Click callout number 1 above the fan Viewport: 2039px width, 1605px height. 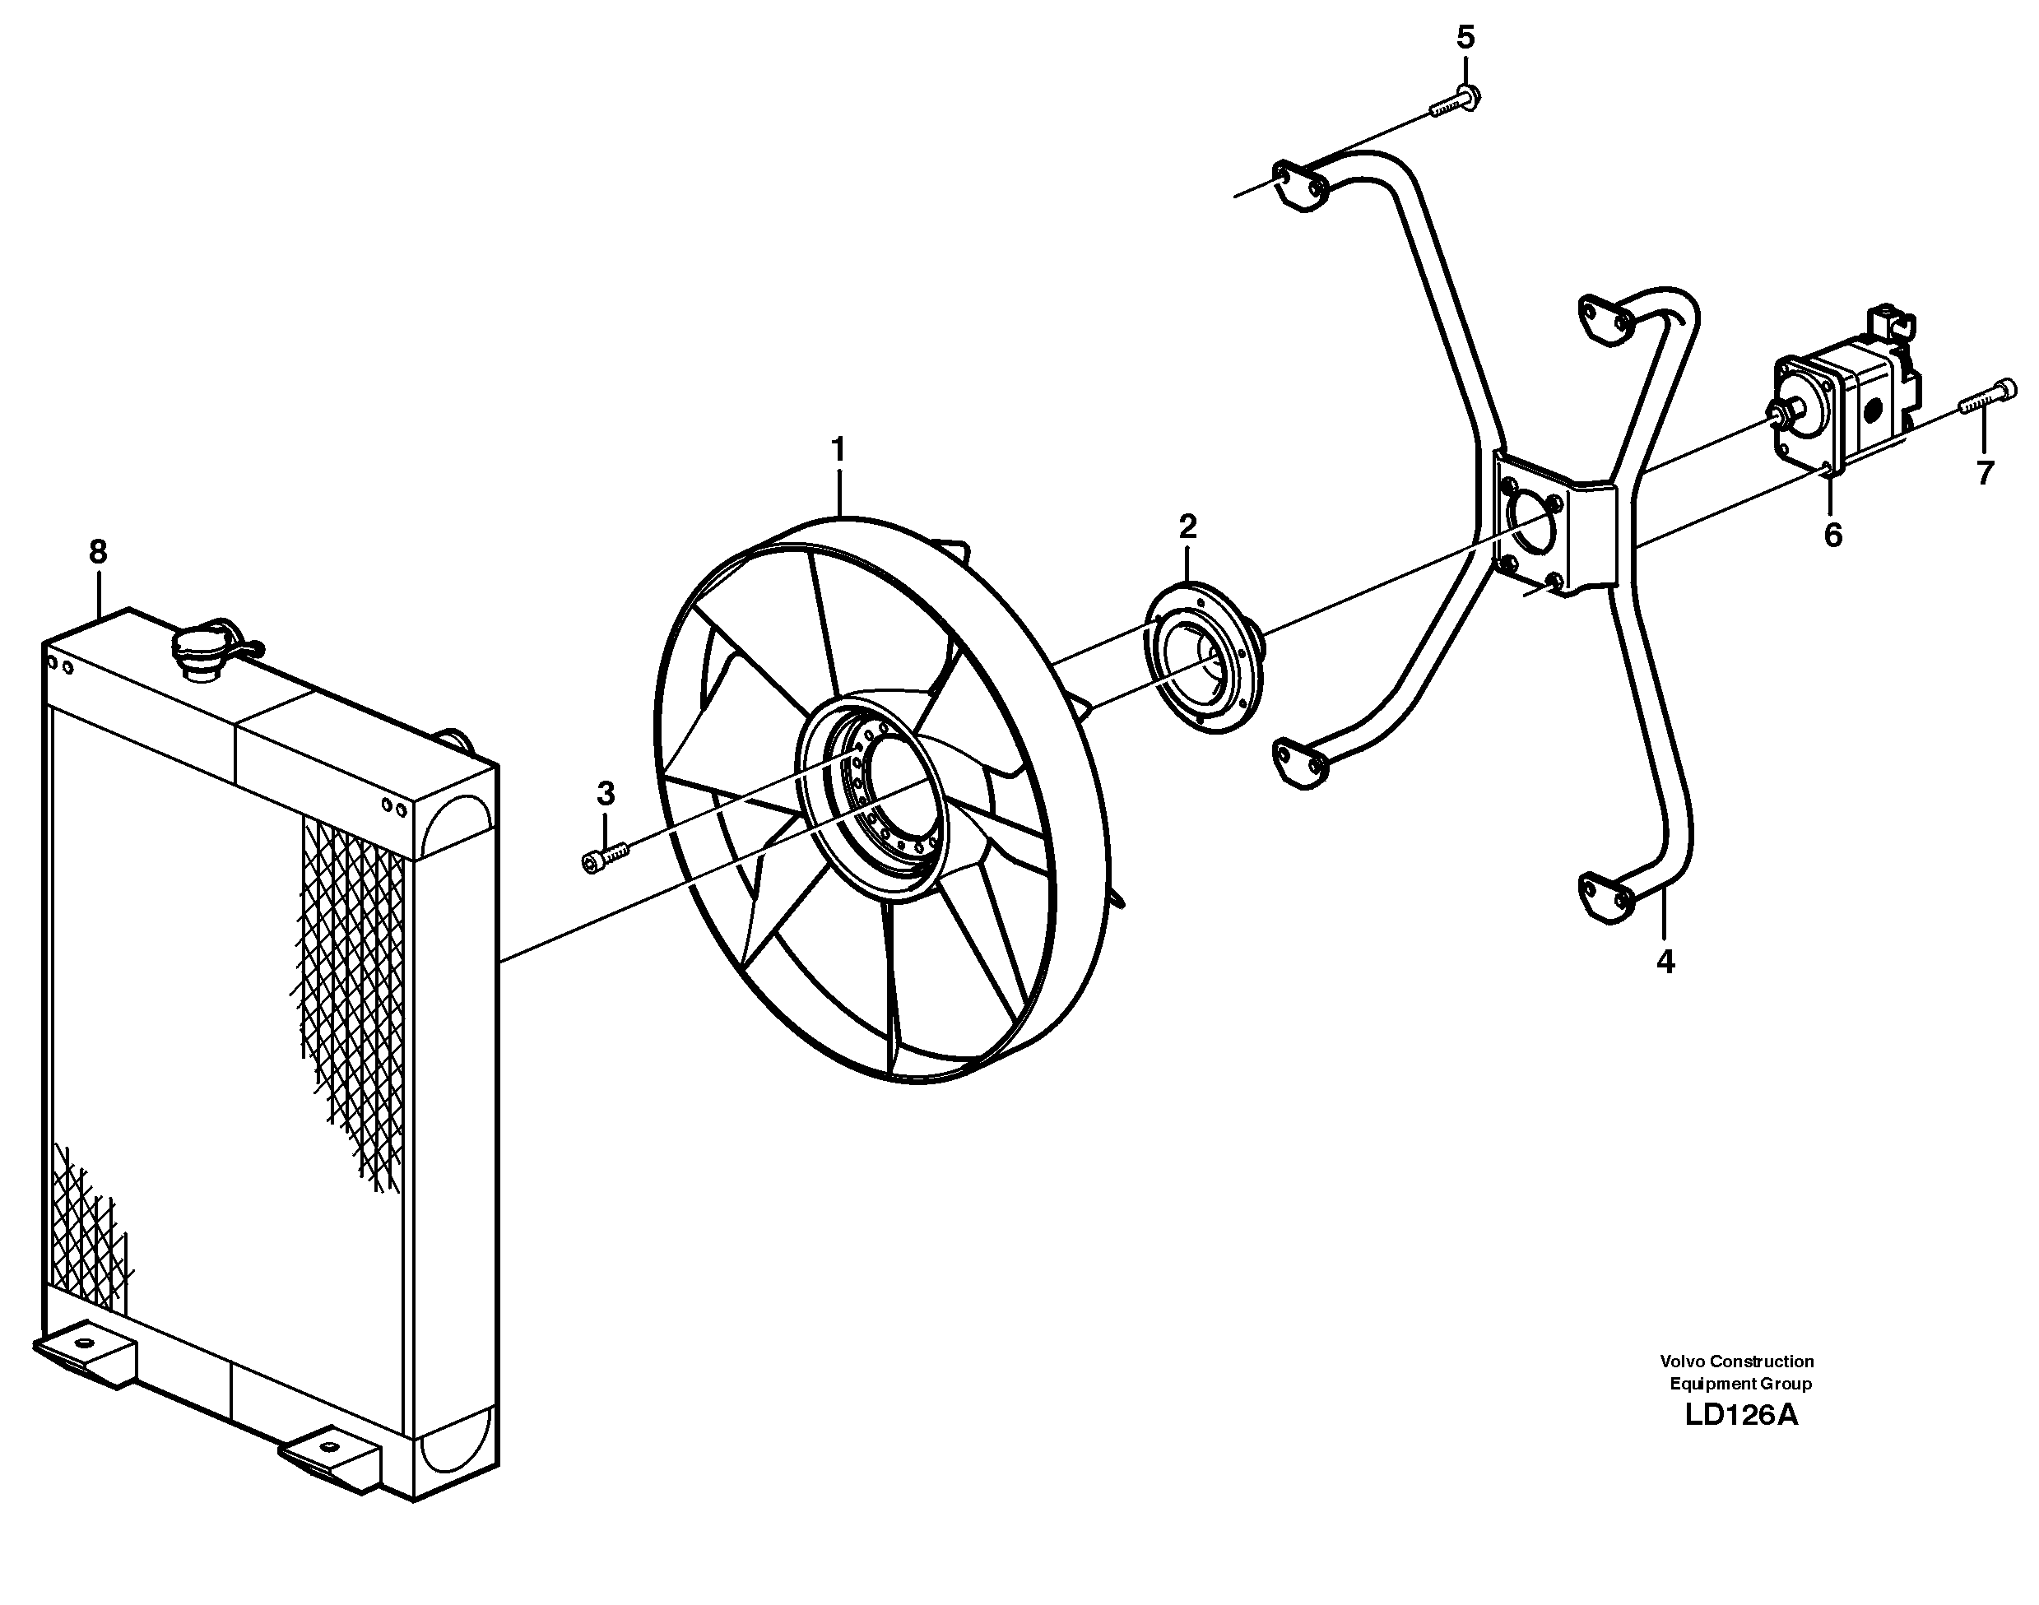(838, 450)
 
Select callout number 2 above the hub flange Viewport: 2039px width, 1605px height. (1187, 527)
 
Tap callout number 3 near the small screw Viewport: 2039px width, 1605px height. (606, 794)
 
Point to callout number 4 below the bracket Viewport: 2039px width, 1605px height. (1665, 962)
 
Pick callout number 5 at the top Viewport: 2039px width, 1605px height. (1465, 38)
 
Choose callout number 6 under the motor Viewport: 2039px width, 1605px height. (1832, 536)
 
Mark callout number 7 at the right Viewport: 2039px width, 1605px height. (1984, 473)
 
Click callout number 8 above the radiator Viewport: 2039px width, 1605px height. (98, 552)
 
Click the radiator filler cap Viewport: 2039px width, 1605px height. (198, 649)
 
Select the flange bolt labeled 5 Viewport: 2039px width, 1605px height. (1453, 101)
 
